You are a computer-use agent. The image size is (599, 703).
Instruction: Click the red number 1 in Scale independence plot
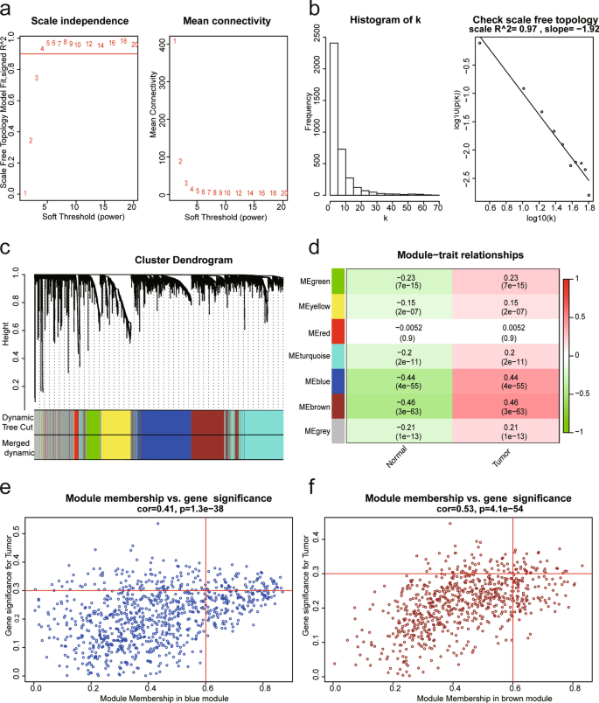(25, 193)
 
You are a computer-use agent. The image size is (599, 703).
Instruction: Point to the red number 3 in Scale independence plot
(36, 79)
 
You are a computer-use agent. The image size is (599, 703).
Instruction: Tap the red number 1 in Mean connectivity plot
(174, 41)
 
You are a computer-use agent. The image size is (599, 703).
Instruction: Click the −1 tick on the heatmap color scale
(578, 433)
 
